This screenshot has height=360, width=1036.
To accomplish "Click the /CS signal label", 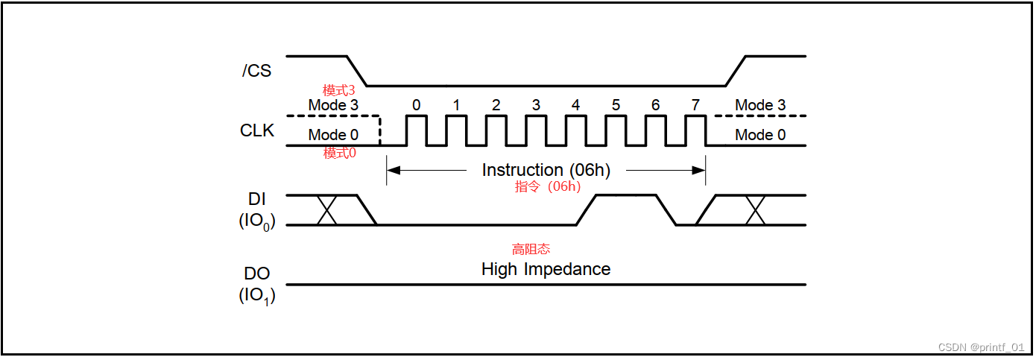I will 256,71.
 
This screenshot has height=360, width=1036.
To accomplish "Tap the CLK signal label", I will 257,130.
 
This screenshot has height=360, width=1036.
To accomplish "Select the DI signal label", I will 257,199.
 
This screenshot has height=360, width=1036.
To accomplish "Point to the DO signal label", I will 257,274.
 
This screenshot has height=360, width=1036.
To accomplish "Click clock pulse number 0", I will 416,130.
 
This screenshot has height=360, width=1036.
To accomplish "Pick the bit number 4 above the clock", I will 575,105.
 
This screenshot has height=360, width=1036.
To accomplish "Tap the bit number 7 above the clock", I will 695,105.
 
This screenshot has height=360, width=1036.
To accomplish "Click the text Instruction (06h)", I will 546,170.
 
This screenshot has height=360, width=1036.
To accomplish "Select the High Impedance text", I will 546,269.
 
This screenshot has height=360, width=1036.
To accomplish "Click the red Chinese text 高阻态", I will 531,249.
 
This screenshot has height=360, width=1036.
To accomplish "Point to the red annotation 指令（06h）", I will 547,186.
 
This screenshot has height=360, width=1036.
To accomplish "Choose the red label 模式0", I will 339,153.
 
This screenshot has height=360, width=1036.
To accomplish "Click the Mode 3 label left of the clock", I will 333,105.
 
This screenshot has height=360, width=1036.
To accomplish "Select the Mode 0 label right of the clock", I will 760,135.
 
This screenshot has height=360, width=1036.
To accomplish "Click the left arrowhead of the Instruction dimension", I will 393,170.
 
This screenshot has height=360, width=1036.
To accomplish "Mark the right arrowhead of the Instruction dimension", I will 699,170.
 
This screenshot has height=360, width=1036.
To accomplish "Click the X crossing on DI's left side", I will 328,210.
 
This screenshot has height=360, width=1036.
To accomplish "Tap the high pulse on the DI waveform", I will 626,196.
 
